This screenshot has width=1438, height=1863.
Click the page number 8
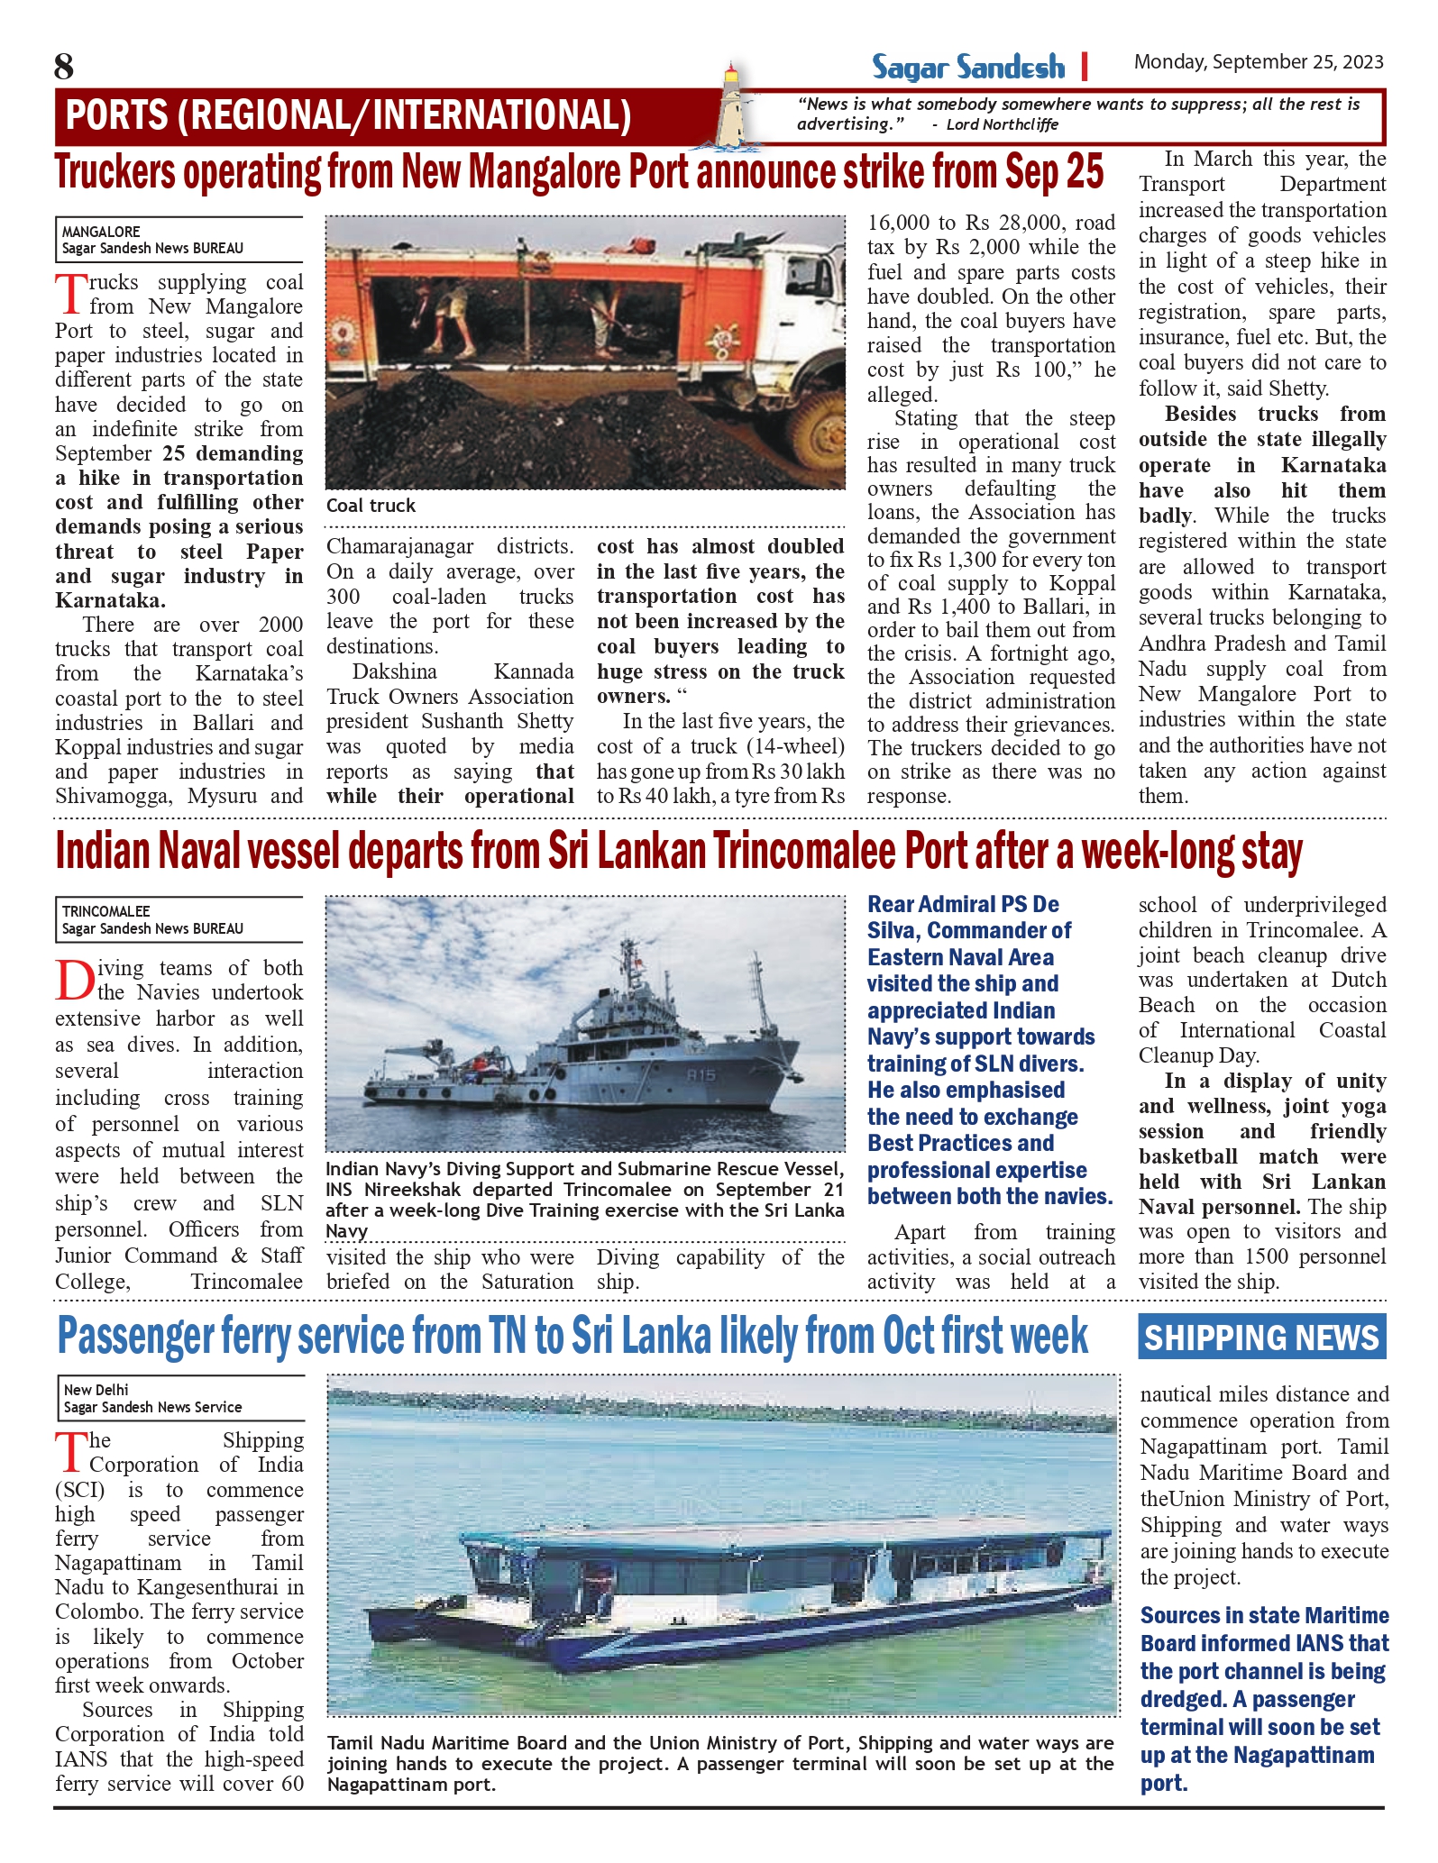[x=64, y=68]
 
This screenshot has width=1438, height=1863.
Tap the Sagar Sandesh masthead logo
[x=967, y=67]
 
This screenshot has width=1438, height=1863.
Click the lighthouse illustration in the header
[x=736, y=106]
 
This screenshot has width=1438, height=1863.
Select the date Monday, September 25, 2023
[x=1258, y=62]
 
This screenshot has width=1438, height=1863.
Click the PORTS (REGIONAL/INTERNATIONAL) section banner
[x=348, y=115]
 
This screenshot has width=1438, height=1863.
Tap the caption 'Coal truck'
[x=371, y=506]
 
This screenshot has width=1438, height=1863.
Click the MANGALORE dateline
[x=101, y=232]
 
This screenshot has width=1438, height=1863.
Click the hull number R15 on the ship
[x=701, y=1074]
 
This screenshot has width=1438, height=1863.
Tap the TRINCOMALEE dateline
[x=106, y=911]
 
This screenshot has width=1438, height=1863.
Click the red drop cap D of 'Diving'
[x=75, y=981]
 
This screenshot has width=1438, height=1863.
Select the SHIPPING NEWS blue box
[x=1261, y=1337]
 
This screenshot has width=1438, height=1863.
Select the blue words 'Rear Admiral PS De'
[x=963, y=904]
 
